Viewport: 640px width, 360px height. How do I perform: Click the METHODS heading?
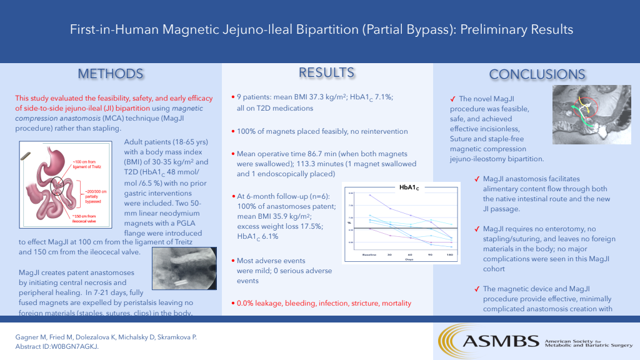tap(110, 74)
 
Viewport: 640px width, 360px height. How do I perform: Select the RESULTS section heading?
tap(326, 72)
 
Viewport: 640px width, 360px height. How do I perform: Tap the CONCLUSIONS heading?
tap(537, 74)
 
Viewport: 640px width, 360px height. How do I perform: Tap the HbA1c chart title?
tap(409, 186)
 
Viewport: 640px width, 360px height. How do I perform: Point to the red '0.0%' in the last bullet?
tap(245, 303)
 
